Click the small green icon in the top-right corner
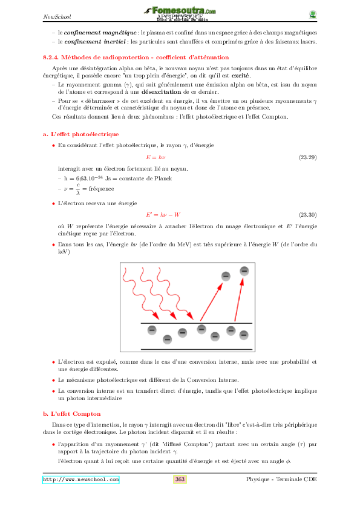coord(312,15)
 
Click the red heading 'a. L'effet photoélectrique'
coord(80,134)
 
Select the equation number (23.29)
coord(308,157)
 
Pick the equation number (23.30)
coord(308,215)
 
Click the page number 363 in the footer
coord(180,479)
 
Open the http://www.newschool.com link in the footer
coord(80,479)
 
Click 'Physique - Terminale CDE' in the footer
coord(281,479)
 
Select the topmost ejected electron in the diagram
coord(244,271)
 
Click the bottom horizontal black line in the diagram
coord(197,349)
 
